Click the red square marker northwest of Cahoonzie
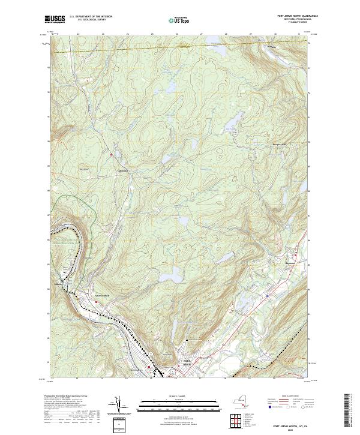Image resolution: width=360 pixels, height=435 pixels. pos(111,156)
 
